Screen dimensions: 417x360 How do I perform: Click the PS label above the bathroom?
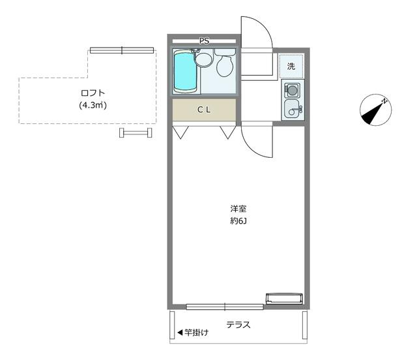(204, 41)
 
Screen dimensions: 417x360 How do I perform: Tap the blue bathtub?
(185, 71)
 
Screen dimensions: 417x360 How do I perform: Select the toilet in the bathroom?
(225, 63)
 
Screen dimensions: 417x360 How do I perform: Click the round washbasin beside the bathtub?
(203, 59)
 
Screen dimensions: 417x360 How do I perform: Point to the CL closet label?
(204, 110)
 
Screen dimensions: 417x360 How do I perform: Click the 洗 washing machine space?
(291, 66)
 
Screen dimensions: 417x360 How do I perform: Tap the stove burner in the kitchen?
(292, 90)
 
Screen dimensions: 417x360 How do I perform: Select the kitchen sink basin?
(292, 109)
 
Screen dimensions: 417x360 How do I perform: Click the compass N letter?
(384, 101)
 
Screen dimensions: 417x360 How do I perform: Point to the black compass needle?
(371, 113)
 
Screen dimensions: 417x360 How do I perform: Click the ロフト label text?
(93, 93)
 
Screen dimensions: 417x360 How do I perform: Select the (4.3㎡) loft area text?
(93, 106)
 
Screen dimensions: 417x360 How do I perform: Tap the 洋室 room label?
(238, 209)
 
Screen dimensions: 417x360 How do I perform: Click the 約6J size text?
(238, 221)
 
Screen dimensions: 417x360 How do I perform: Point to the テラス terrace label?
(238, 325)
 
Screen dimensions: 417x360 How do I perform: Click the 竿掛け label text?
(197, 333)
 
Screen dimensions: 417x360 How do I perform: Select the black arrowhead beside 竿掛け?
(180, 333)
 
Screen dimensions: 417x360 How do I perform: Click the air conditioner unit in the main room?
(285, 299)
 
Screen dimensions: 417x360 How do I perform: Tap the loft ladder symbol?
(136, 132)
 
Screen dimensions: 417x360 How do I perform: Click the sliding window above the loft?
(122, 50)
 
